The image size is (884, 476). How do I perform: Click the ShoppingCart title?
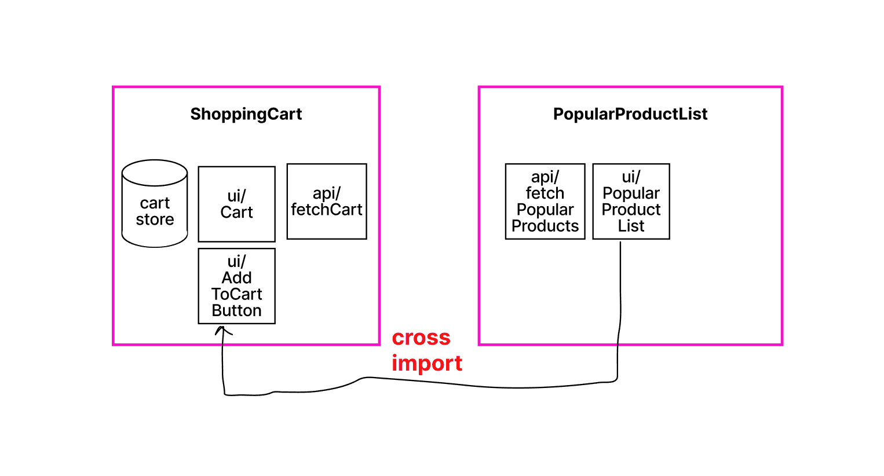246,114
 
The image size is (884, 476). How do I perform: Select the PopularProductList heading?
630,114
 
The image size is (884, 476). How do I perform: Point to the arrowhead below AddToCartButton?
221,331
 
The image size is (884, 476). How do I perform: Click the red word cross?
421,337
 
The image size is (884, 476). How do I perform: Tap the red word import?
427,363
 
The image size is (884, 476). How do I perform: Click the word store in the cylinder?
155,219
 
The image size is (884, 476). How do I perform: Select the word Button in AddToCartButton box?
236,310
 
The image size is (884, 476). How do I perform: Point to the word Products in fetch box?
545,226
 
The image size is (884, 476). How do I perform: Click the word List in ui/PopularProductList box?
631,226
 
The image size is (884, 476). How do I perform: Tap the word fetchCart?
327,209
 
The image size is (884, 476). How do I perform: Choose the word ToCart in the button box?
236,294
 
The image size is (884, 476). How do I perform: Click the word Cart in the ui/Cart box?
236,212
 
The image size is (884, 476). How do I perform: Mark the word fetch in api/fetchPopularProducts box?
545,193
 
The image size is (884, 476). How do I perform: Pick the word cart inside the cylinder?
155,203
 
